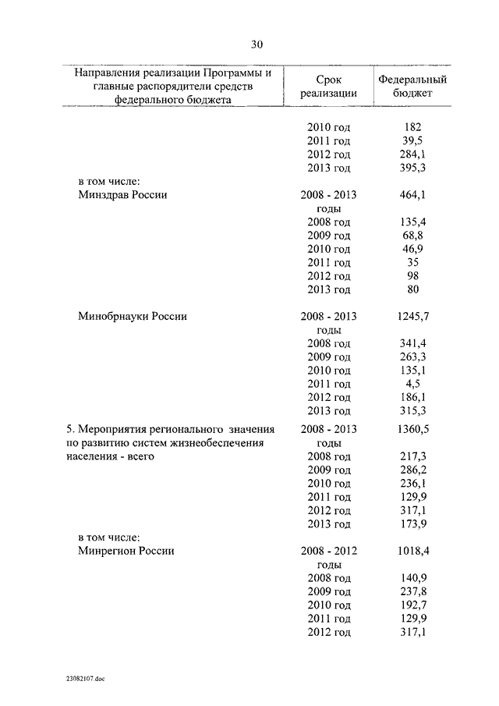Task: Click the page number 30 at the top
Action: point(257,44)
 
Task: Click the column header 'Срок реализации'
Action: point(328,86)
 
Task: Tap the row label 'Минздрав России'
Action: point(122,195)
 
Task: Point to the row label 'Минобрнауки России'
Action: point(131,317)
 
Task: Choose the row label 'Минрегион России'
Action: point(126,551)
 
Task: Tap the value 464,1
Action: point(412,195)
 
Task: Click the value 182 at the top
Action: point(412,126)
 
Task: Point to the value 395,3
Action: point(412,168)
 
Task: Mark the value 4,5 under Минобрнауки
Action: point(412,384)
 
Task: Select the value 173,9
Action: point(412,523)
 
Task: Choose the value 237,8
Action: point(412,591)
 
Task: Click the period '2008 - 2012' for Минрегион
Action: point(328,551)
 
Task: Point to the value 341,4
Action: point(412,343)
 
